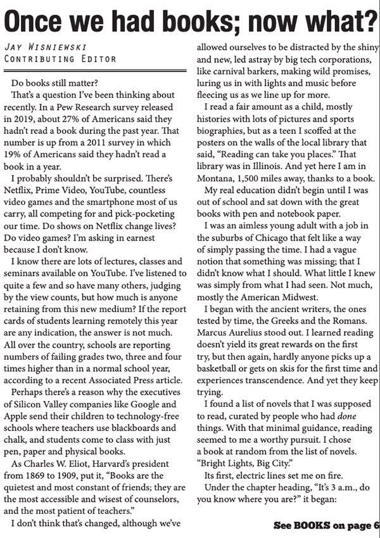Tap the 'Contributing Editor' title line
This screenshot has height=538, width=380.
coord(60,59)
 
